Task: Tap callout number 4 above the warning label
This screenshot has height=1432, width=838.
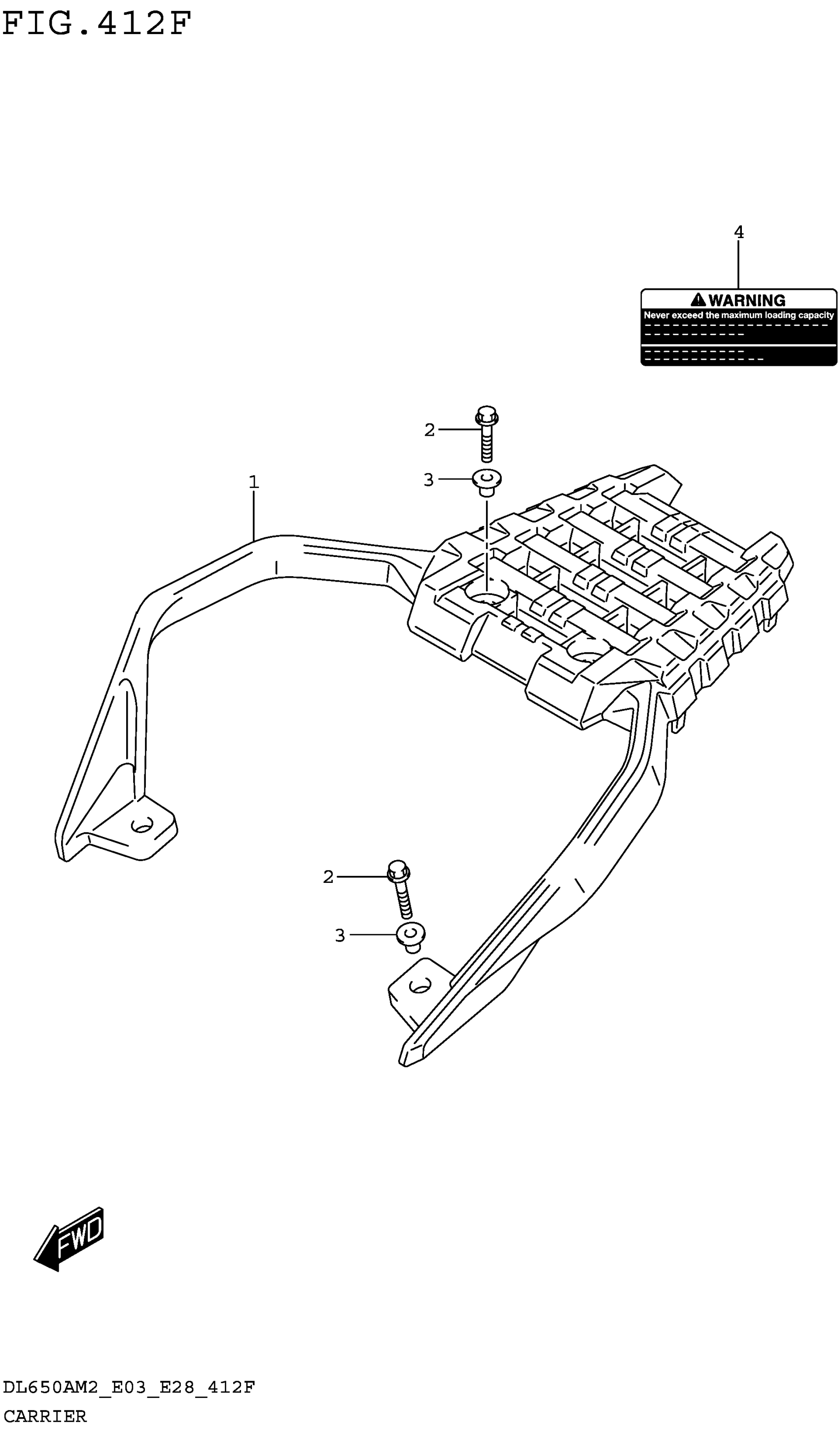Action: pyautogui.click(x=738, y=232)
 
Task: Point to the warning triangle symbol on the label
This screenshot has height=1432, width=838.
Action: pyautogui.click(x=698, y=300)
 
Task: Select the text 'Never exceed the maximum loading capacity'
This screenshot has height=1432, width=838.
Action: pyautogui.click(x=738, y=315)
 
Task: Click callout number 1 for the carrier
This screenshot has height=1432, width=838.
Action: pyautogui.click(x=253, y=482)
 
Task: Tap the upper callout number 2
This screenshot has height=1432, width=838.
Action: pyautogui.click(x=429, y=430)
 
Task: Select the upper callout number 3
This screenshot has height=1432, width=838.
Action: pyautogui.click(x=428, y=480)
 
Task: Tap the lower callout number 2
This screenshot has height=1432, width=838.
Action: pyautogui.click(x=328, y=877)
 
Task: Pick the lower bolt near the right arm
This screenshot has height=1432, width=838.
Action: pyautogui.click(x=401, y=889)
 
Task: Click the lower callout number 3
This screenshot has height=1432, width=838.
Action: pyautogui.click(x=340, y=935)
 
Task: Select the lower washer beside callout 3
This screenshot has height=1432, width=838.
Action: pyautogui.click(x=411, y=935)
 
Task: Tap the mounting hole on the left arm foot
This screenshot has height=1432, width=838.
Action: pyautogui.click(x=141, y=825)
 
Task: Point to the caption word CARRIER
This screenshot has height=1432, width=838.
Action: pyautogui.click(x=45, y=1416)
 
